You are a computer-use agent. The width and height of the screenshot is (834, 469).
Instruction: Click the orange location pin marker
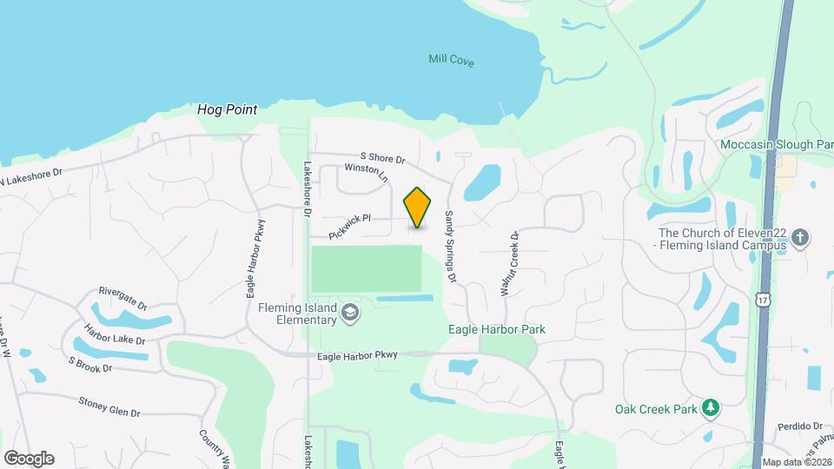point(418,207)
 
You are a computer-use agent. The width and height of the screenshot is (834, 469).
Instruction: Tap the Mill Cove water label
point(452,60)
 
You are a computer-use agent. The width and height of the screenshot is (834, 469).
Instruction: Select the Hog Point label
point(228,109)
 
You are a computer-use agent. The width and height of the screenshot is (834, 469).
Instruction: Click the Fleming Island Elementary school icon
point(350,312)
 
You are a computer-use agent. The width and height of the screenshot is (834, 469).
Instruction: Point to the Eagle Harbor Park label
point(503,330)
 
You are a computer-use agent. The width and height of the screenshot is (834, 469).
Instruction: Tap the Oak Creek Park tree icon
point(711,406)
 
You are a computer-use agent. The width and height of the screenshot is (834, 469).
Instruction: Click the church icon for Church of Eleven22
point(801,237)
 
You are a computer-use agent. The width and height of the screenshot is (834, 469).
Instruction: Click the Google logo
point(29,458)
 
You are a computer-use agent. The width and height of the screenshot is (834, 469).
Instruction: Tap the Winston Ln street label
point(366,174)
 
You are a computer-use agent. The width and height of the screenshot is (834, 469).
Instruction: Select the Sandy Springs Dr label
point(450,247)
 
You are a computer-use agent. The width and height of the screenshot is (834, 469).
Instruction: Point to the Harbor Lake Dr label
point(115,334)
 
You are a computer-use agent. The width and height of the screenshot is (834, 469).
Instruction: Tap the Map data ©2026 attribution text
point(797,462)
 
